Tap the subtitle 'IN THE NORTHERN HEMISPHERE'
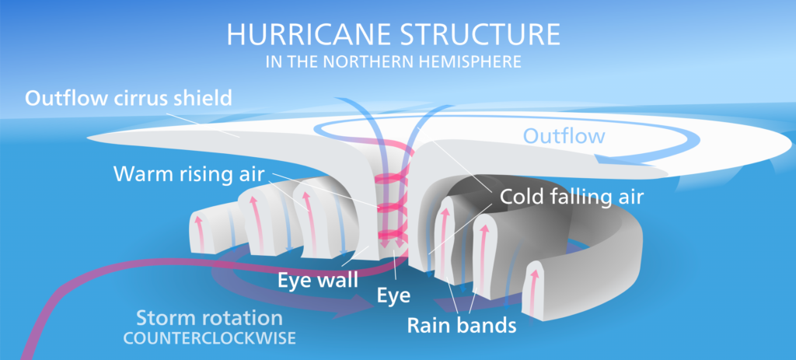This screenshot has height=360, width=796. (x=393, y=62)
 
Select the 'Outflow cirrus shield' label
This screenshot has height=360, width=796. (x=128, y=98)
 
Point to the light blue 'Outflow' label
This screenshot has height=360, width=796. (x=564, y=136)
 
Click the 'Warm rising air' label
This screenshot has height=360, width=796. (x=189, y=174)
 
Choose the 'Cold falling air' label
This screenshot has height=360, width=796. (x=571, y=197)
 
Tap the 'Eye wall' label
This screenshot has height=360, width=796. (x=317, y=280)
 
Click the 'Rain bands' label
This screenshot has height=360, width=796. (x=462, y=325)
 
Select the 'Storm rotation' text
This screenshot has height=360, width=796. (x=209, y=318)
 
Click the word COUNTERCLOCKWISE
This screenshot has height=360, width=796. (x=209, y=339)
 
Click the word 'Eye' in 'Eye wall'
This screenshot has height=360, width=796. (x=294, y=280)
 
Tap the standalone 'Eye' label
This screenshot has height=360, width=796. (x=394, y=295)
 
